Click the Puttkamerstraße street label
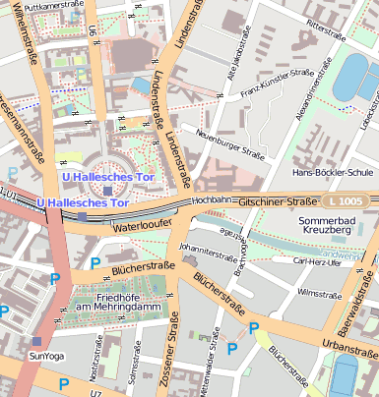pyautogui.click(x=52, y=5)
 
